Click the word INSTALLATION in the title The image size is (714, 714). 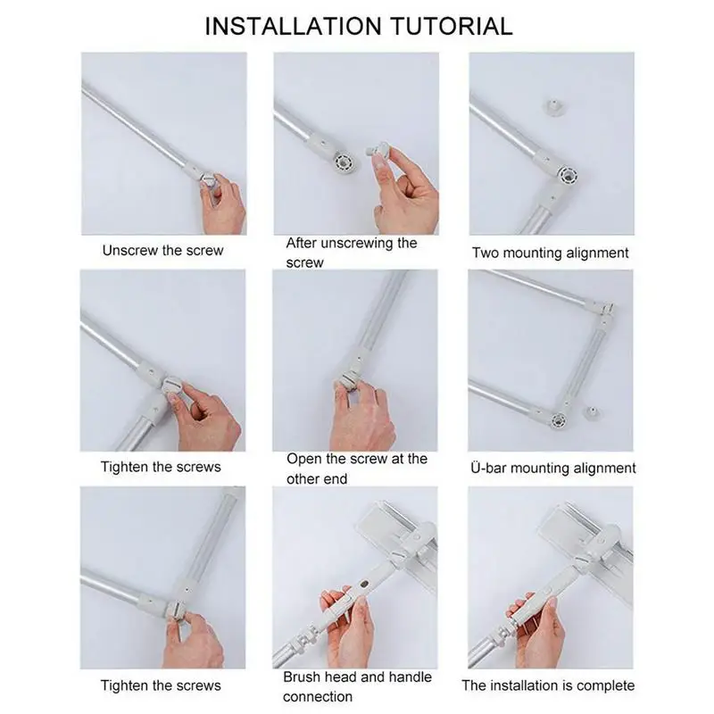tap(294, 26)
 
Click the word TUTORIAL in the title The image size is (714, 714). tap(452, 26)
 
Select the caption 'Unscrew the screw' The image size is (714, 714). tap(163, 251)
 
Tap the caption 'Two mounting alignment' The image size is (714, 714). tap(550, 253)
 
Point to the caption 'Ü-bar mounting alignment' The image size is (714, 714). tap(552, 468)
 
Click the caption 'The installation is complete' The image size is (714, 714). tap(548, 685)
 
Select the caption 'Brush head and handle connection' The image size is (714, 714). tap(357, 686)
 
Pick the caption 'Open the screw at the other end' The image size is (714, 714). tap(356, 469)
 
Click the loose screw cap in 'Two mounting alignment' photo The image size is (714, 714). tap(553, 107)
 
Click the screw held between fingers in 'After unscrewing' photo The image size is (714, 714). tap(378, 151)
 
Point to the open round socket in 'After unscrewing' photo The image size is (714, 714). tap(342, 162)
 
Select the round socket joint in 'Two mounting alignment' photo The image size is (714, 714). tap(568, 174)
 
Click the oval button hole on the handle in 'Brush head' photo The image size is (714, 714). tap(364, 585)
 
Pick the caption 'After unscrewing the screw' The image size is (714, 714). tap(351, 253)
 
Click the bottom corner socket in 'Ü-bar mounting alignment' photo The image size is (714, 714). tap(559, 419)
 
